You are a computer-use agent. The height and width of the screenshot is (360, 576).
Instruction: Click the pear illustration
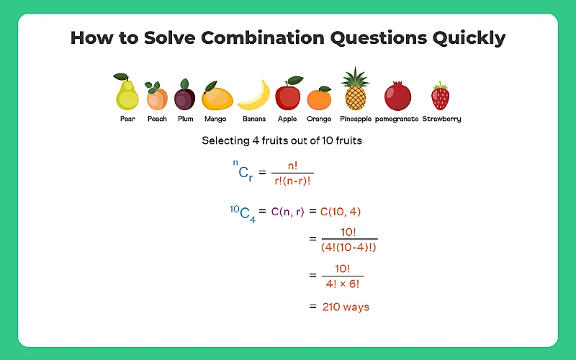127,92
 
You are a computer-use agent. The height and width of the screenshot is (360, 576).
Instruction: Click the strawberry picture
440,96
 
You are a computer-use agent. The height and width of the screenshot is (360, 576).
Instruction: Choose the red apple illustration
287,94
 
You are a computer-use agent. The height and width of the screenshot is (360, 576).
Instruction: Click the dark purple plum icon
185,95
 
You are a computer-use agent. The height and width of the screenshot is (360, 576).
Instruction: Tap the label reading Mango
215,119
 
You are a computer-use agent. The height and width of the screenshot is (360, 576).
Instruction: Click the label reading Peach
157,119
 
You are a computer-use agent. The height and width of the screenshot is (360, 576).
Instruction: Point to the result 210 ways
346,307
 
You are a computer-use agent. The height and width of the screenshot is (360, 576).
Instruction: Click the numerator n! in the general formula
293,166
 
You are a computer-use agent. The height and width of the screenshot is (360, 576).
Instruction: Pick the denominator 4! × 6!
343,284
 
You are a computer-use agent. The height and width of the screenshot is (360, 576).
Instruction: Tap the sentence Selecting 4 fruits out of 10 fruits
282,141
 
